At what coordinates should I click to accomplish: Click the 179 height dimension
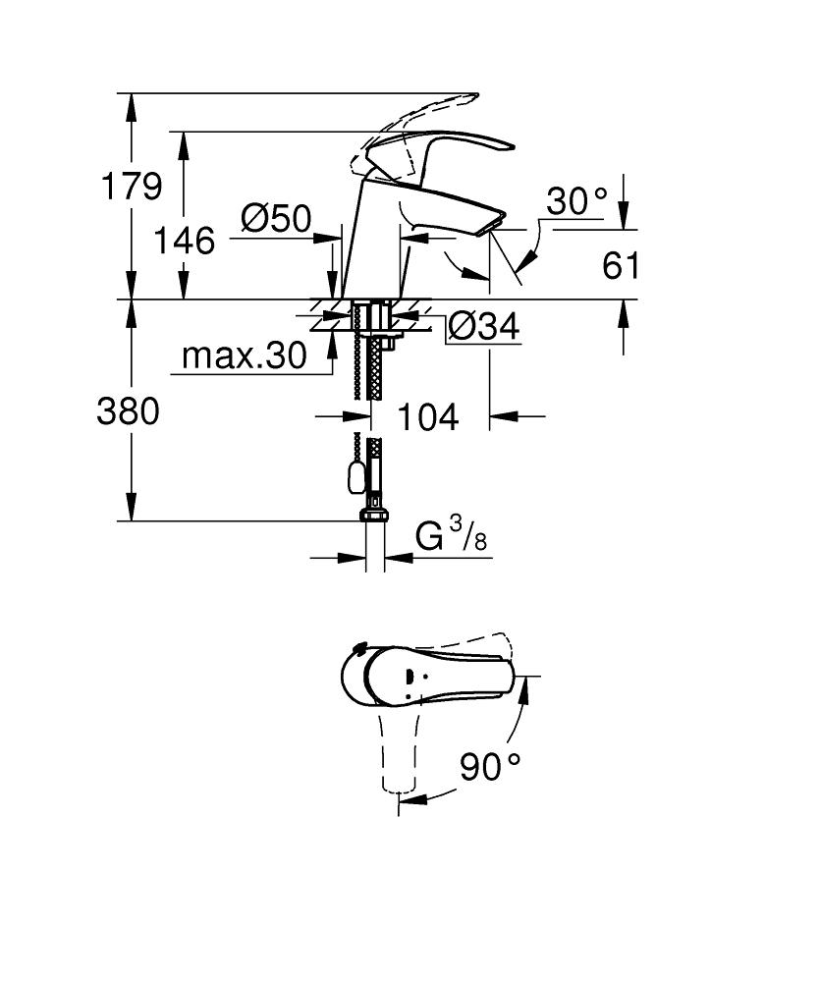pos(132,186)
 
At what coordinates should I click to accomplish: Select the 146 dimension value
pos(184,241)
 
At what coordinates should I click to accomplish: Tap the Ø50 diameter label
pos(276,219)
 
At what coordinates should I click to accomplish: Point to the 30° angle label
pos(576,201)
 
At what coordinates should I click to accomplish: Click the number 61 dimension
pos(622,265)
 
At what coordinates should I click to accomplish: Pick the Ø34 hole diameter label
pos(484,326)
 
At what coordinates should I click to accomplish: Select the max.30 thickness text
pos(245,355)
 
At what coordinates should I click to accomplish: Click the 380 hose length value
pos(129,412)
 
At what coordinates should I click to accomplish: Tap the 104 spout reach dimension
pos(428,417)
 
